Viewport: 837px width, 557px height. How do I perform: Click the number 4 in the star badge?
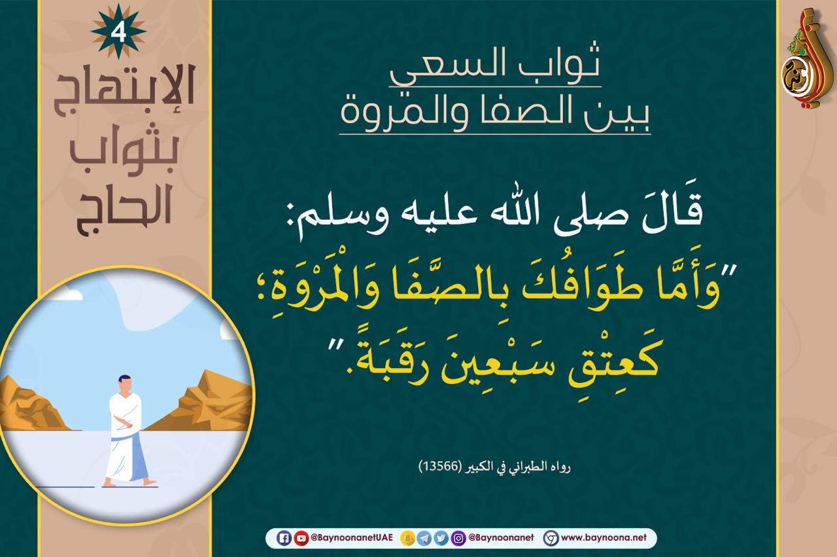coord(118,33)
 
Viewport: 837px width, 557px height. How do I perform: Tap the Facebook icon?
coord(284,538)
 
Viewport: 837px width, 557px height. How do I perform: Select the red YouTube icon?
coord(301,538)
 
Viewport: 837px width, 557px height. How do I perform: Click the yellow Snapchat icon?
coord(407,538)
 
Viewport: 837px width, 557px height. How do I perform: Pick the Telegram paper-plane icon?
coord(424,538)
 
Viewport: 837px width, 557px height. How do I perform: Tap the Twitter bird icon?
coord(441,538)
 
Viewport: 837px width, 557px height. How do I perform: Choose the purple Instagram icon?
coord(458,538)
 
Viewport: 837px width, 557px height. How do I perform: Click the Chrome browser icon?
coord(551,538)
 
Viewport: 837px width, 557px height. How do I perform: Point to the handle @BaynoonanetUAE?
coord(352,538)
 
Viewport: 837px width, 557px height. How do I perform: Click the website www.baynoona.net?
coord(604,538)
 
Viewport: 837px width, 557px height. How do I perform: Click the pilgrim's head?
coord(124,384)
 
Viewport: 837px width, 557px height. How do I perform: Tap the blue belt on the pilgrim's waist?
coord(124,437)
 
